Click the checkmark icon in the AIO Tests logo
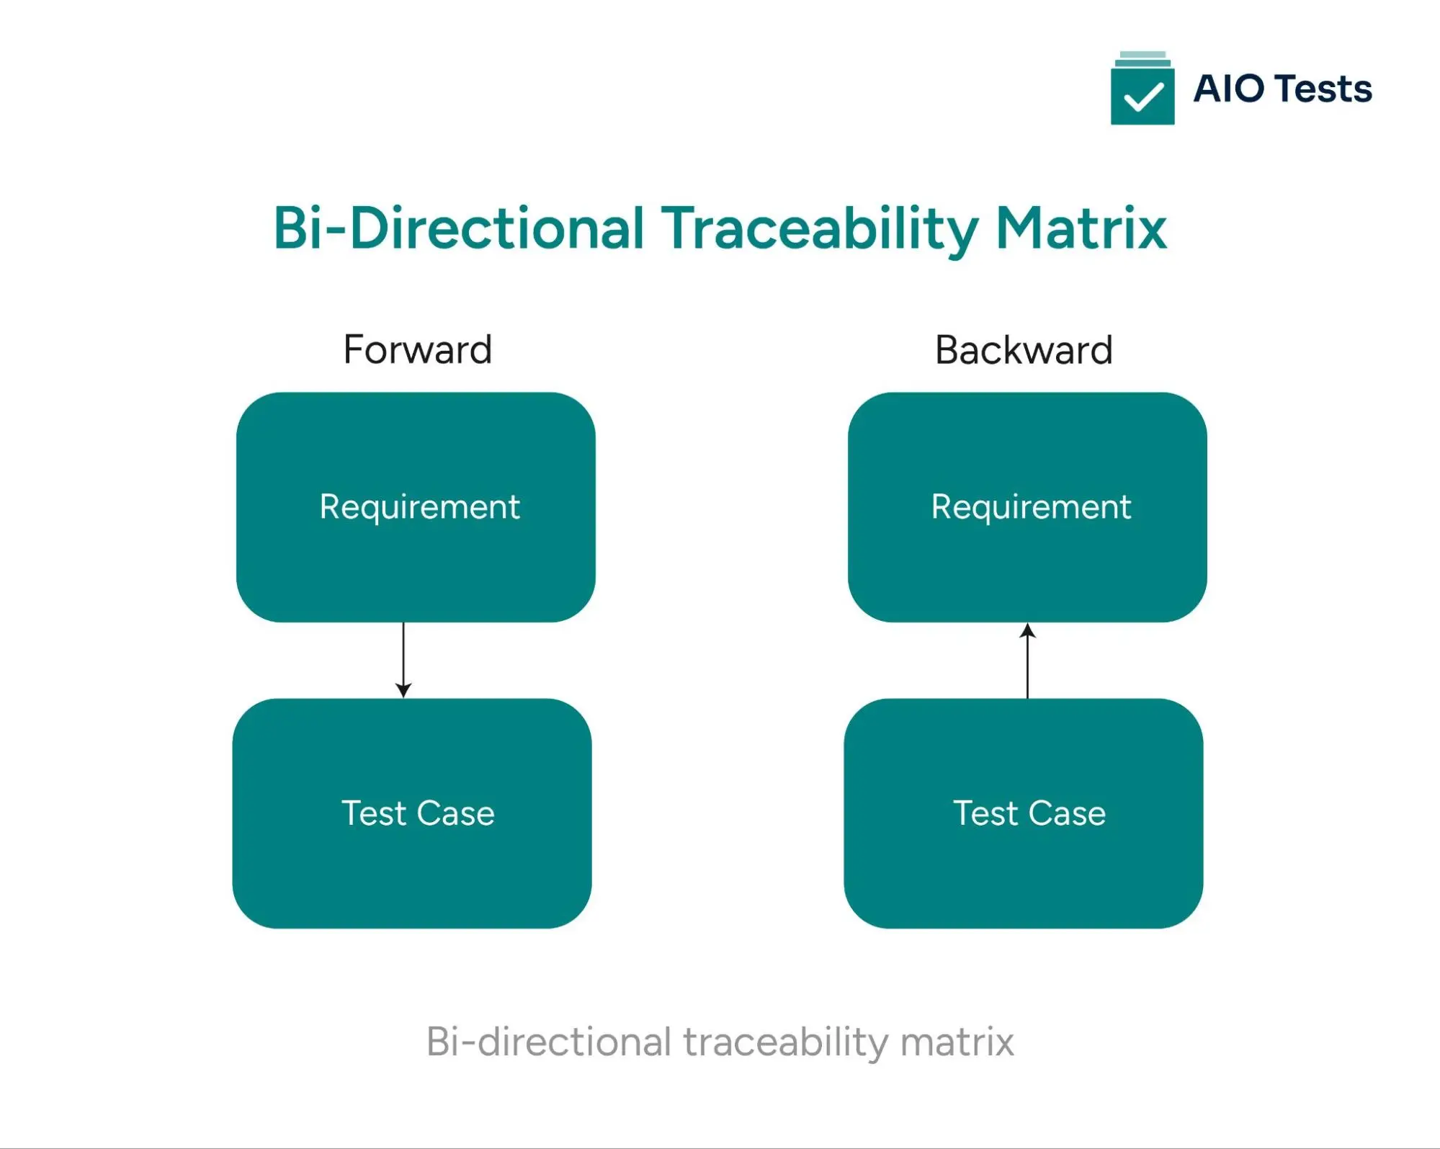click(x=1142, y=97)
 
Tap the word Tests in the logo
click(x=1323, y=89)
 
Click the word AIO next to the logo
click(x=1228, y=89)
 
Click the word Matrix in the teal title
click(x=1081, y=228)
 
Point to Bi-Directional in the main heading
click(x=458, y=228)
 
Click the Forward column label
click(x=418, y=350)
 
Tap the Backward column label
click(x=1024, y=351)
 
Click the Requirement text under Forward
click(x=419, y=507)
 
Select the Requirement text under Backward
click(x=1031, y=507)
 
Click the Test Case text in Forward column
click(x=418, y=813)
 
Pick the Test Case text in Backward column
click(x=1029, y=813)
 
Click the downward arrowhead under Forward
click(x=403, y=690)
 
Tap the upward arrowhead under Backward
click(x=1028, y=632)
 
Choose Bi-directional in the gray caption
click(x=549, y=1042)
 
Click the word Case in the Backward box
click(x=1067, y=813)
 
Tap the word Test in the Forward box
click(x=374, y=813)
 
